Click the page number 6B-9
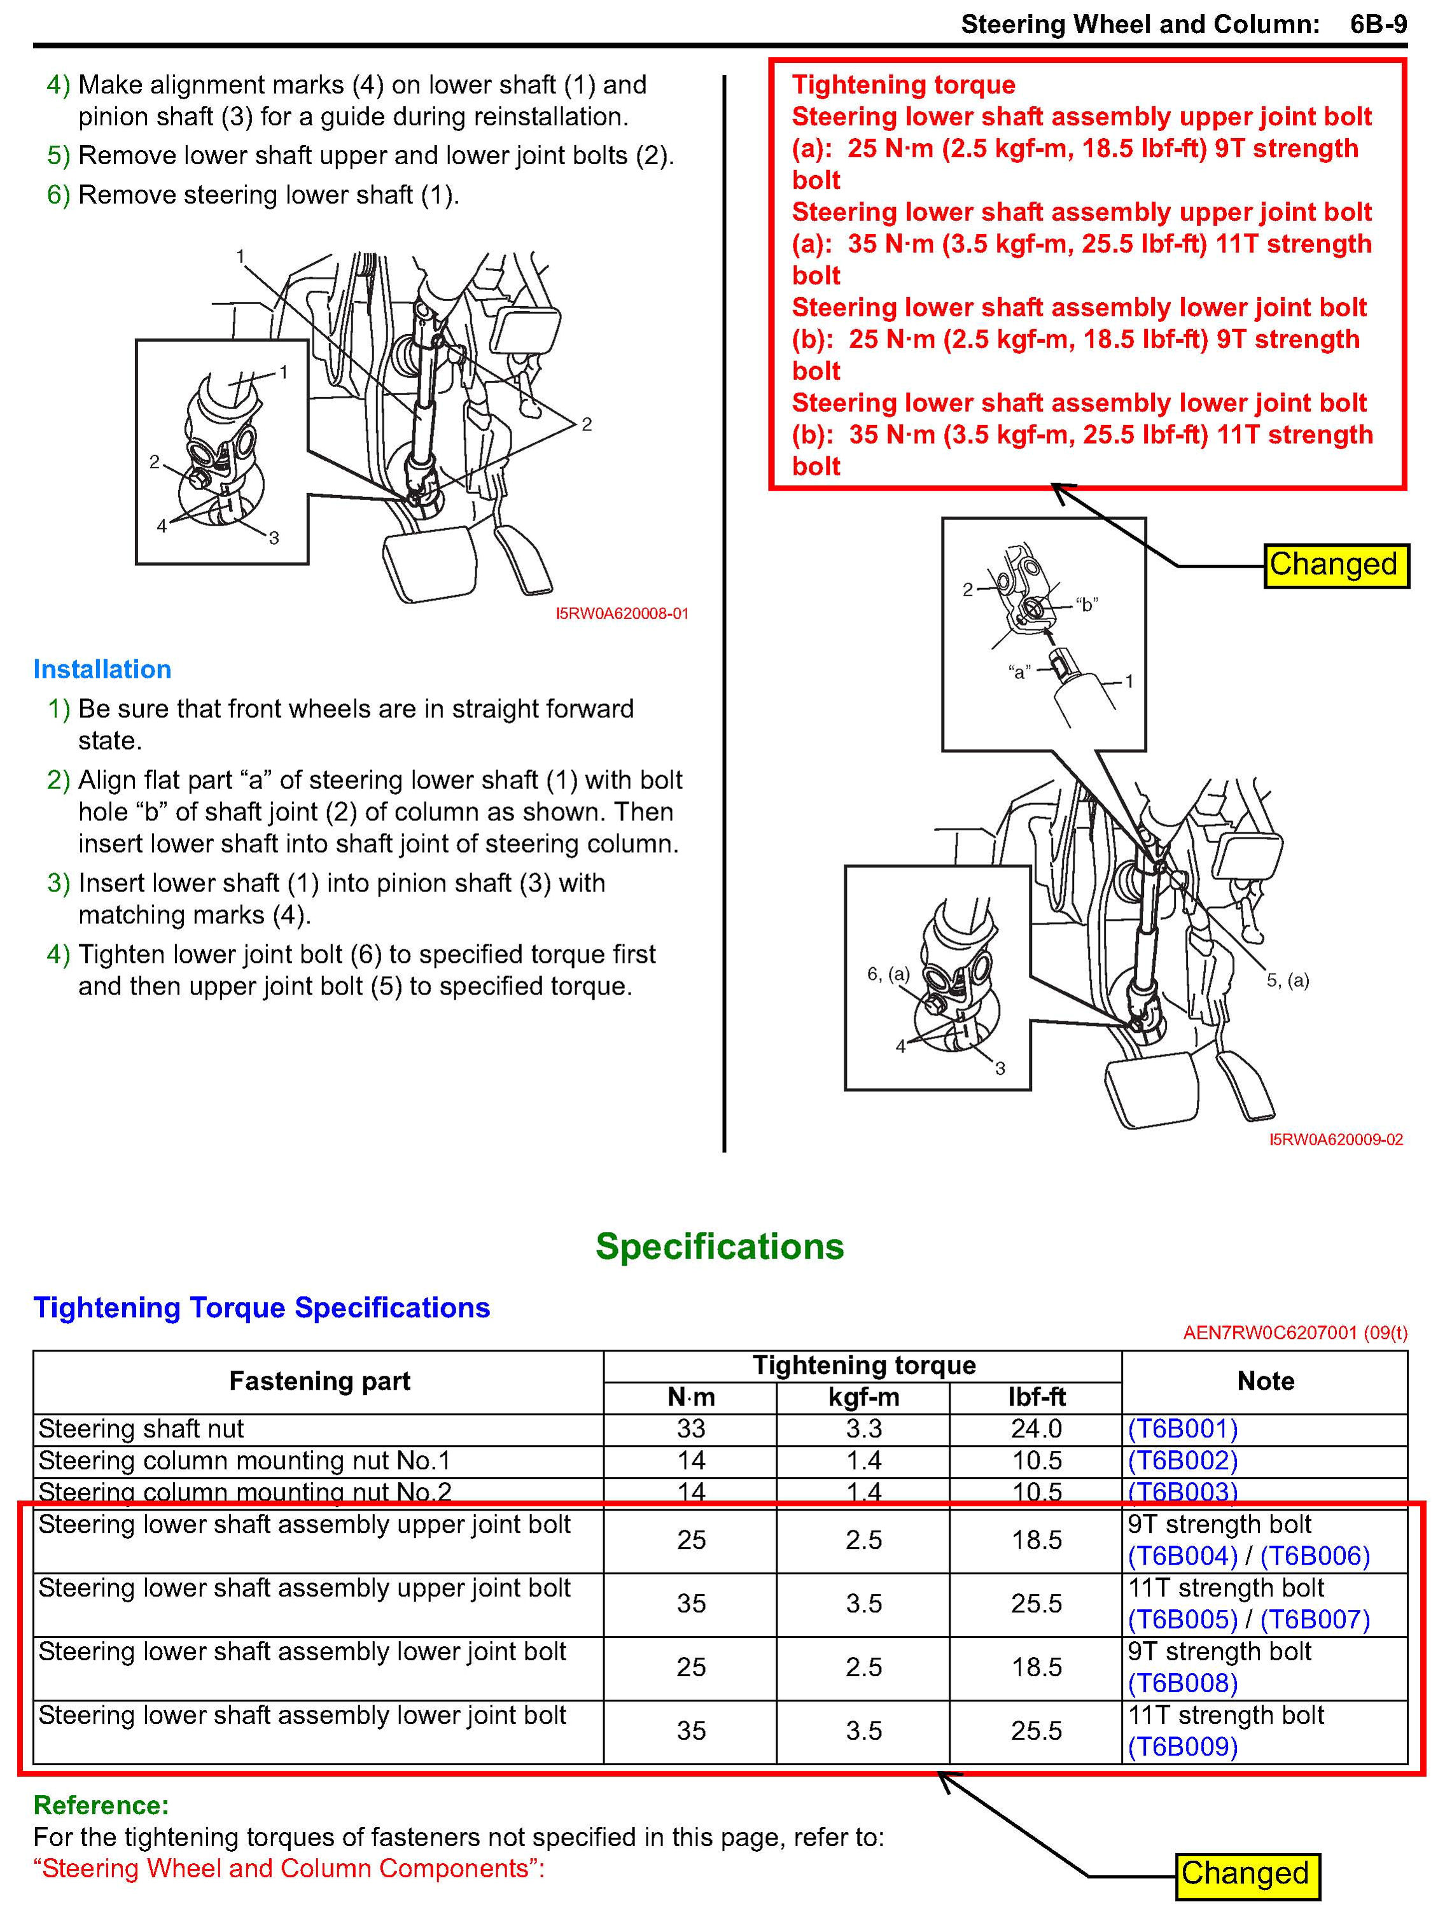[1378, 24]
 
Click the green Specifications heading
[719, 1246]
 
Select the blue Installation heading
[102, 669]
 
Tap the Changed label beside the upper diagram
[1334, 564]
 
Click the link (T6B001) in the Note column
[1182, 1429]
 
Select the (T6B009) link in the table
[1182, 1746]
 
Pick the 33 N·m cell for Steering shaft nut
[690, 1429]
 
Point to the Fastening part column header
[319, 1381]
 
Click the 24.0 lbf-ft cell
[1036, 1429]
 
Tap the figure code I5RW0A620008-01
[622, 613]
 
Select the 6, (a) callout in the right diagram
[888, 974]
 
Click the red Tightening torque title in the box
[903, 85]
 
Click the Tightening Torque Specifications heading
[262, 1308]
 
